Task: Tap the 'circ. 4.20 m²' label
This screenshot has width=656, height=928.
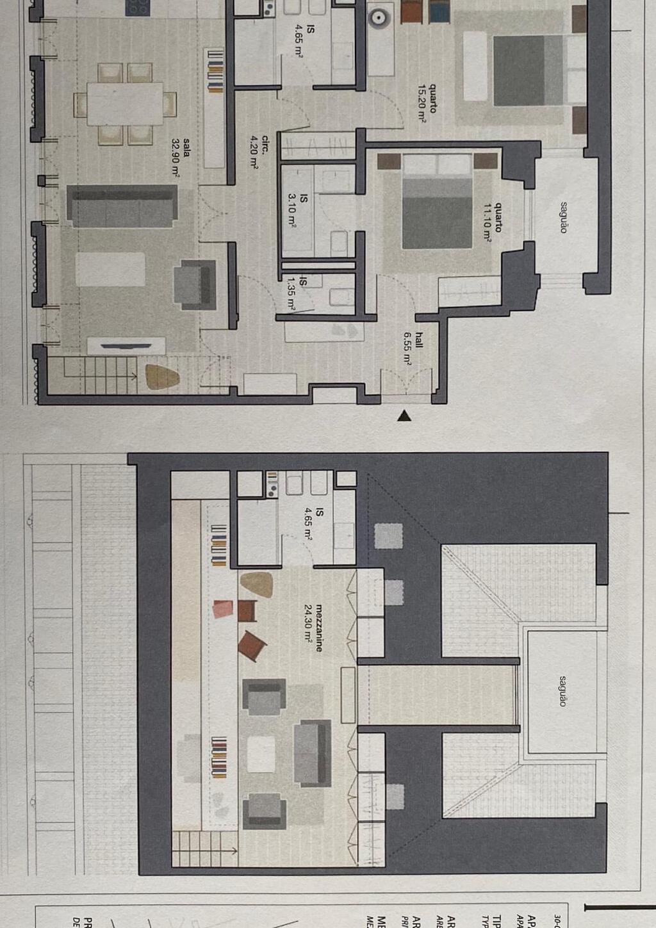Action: pos(259,151)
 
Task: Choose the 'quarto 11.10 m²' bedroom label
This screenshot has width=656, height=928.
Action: pos(493,221)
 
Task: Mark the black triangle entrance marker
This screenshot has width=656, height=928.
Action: pos(404,416)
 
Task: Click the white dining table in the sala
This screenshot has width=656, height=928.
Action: pos(126,103)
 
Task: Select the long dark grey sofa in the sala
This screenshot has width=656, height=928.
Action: pos(122,206)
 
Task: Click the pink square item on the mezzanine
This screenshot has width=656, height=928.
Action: pos(222,608)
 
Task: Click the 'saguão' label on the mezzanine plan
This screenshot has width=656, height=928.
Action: pos(562,690)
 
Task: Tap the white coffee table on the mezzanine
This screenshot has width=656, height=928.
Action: pos(261,754)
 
